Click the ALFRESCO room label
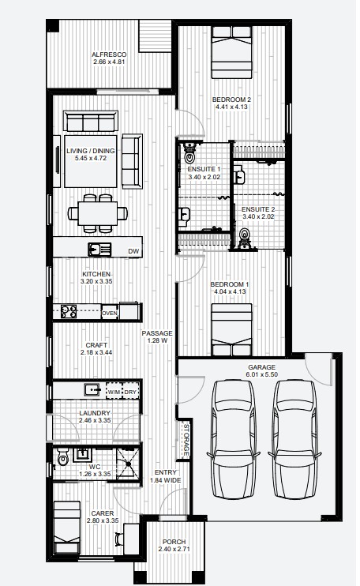coord(109,54)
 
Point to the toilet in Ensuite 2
coord(244,236)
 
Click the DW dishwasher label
coord(133,252)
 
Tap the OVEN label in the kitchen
coord(109,313)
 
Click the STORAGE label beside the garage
coord(186,439)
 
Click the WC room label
coord(94,467)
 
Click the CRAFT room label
coord(96,345)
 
